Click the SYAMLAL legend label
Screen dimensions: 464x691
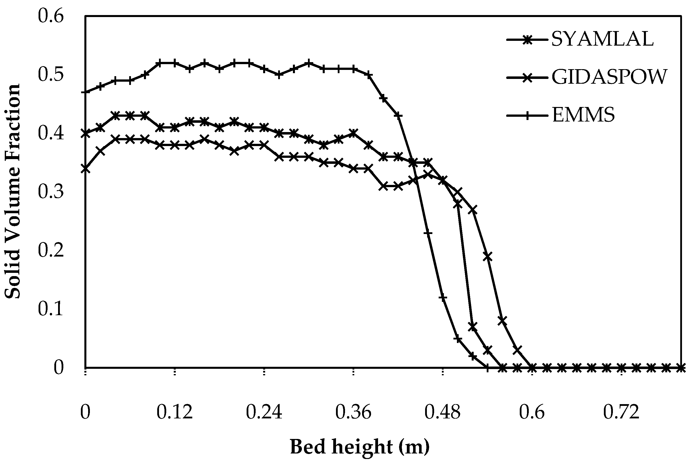(x=602, y=39)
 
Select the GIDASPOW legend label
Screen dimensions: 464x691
(x=609, y=77)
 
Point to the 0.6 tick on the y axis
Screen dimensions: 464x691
(x=51, y=16)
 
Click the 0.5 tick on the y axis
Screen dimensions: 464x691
(x=51, y=75)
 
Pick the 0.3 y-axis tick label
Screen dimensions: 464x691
(x=51, y=192)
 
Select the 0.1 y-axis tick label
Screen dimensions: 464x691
(x=51, y=309)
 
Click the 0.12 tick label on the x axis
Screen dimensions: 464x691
(x=175, y=412)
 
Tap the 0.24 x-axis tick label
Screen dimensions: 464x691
(x=264, y=412)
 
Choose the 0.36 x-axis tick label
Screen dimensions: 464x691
(x=353, y=412)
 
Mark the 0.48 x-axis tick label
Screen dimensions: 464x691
(x=443, y=412)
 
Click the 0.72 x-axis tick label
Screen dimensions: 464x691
(x=621, y=412)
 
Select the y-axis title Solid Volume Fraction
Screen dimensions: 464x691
(x=13, y=192)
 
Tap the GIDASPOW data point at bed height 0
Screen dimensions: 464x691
(x=85, y=169)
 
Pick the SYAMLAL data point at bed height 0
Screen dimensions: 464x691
(x=85, y=134)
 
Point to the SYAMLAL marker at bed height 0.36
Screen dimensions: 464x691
(x=354, y=133)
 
